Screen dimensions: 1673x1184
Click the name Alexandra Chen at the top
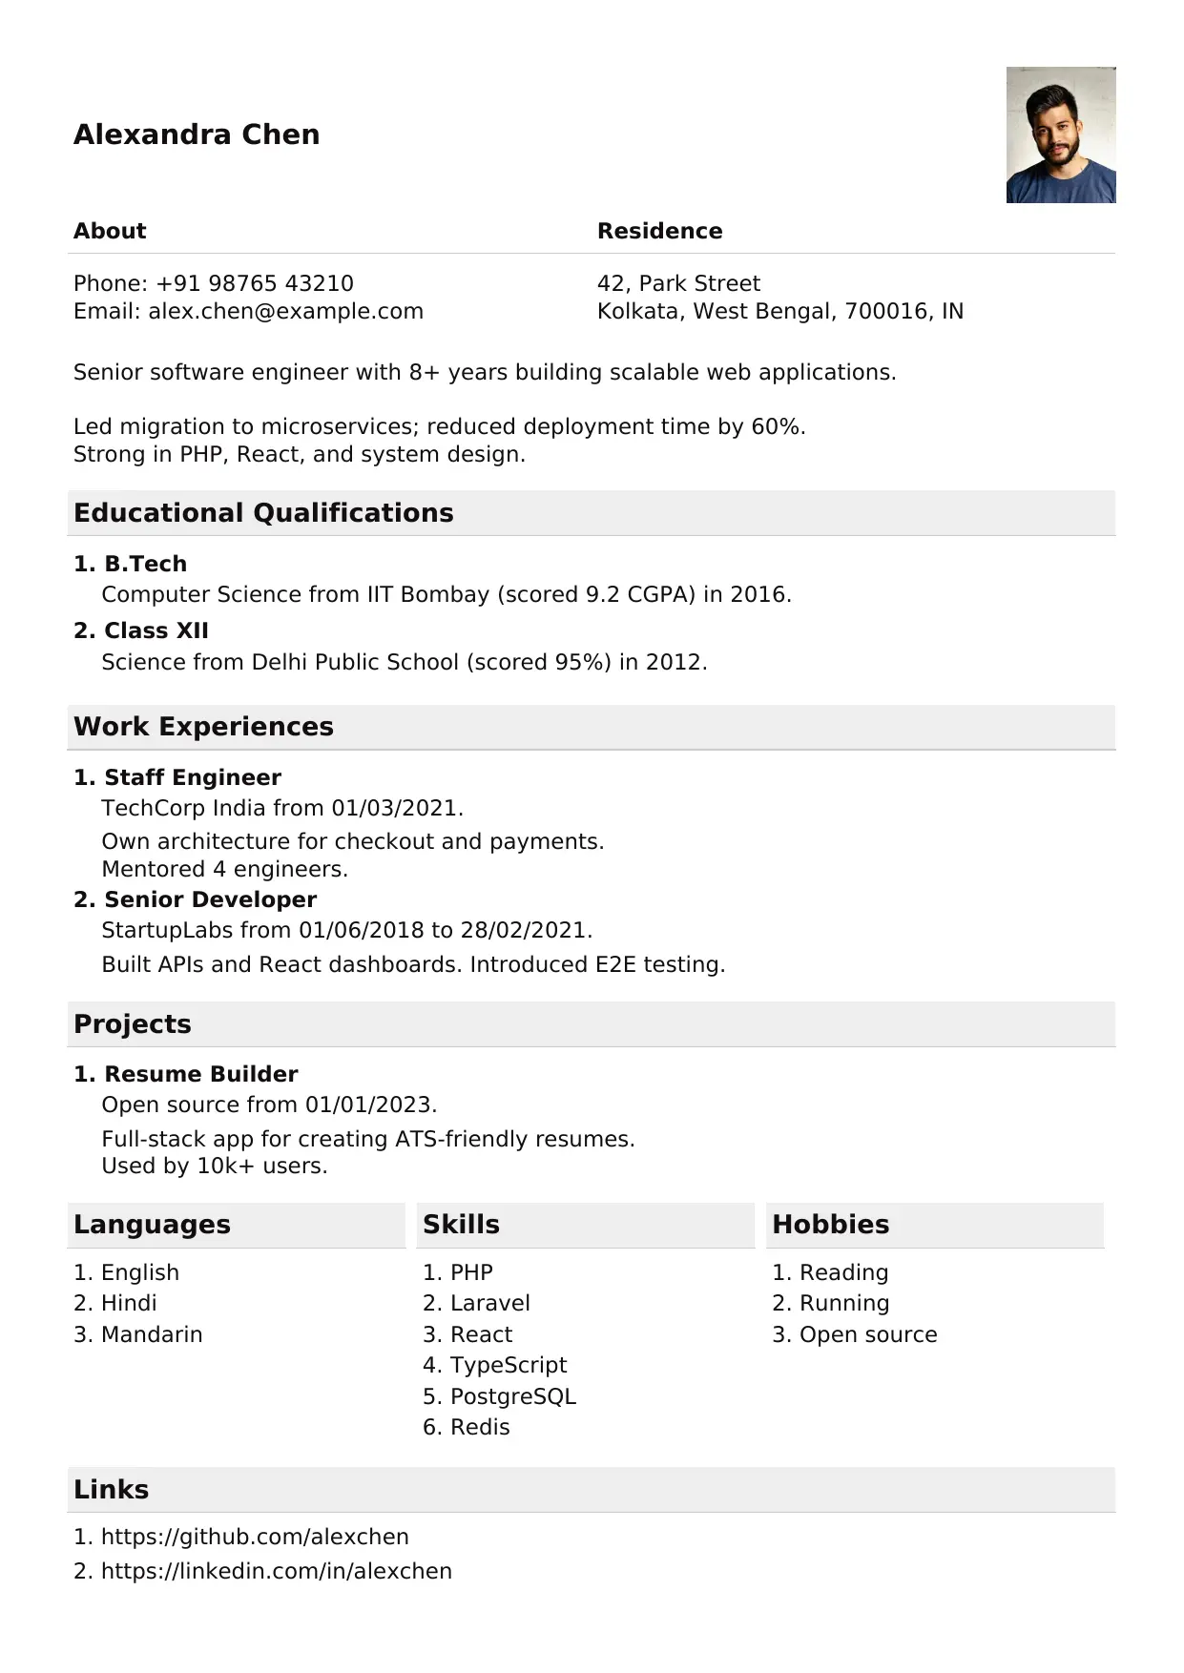(x=197, y=134)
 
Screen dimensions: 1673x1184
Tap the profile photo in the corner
(x=1060, y=134)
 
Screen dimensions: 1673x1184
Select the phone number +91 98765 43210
(x=255, y=283)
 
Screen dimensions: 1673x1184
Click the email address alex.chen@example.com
(x=285, y=311)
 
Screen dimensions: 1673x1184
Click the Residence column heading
(x=659, y=231)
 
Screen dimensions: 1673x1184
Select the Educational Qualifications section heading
(x=263, y=513)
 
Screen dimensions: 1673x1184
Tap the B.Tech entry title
(x=145, y=564)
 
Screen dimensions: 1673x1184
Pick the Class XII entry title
(x=156, y=630)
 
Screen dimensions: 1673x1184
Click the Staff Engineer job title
(x=192, y=777)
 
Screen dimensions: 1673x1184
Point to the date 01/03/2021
(x=394, y=808)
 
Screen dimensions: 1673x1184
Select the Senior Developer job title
(x=210, y=899)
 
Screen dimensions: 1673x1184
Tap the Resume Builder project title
(x=200, y=1074)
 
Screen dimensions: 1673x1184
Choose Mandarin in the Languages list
(x=152, y=1334)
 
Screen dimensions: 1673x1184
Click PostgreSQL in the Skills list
(x=512, y=1396)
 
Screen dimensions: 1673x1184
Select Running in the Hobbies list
(x=843, y=1303)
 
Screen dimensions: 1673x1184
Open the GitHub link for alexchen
(x=255, y=1537)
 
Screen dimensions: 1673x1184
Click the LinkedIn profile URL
(x=276, y=1571)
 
